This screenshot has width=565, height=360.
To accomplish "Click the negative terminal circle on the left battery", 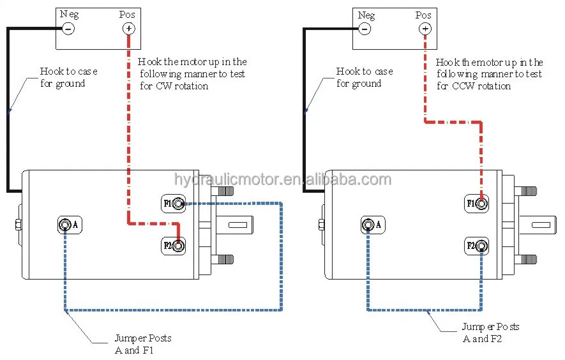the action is click(x=68, y=29).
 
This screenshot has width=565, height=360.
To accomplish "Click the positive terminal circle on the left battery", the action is click(x=128, y=29).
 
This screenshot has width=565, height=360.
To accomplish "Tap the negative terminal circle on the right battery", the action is click(x=365, y=29).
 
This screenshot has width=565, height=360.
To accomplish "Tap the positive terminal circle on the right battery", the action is click(x=425, y=29).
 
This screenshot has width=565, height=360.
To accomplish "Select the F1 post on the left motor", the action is click(x=178, y=204).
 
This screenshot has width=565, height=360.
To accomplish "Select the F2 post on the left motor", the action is click(x=178, y=246).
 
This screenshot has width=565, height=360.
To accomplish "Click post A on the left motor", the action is click(x=65, y=225).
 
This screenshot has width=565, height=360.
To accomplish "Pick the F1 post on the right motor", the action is click(x=482, y=204).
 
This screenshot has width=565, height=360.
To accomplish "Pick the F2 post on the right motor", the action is click(x=482, y=246).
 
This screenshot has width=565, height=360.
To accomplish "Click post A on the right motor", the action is click(x=368, y=225).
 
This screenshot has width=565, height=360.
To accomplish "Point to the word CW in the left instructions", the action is click(x=164, y=86).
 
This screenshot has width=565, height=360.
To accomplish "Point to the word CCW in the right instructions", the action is click(x=463, y=86).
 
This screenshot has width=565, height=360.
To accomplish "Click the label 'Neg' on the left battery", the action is click(x=69, y=15).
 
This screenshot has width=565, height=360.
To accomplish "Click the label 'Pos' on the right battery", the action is click(x=423, y=15).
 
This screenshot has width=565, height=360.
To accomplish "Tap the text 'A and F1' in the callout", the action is click(x=134, y=350).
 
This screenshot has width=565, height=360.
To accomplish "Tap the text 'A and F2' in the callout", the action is click(x=482, y=339).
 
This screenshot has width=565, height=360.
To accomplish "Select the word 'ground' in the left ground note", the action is click(x=70, y=84).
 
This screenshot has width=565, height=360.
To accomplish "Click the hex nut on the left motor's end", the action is click(x=18, y=225).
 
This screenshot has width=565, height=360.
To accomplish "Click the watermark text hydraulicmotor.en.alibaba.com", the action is click(x=282, y=179).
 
